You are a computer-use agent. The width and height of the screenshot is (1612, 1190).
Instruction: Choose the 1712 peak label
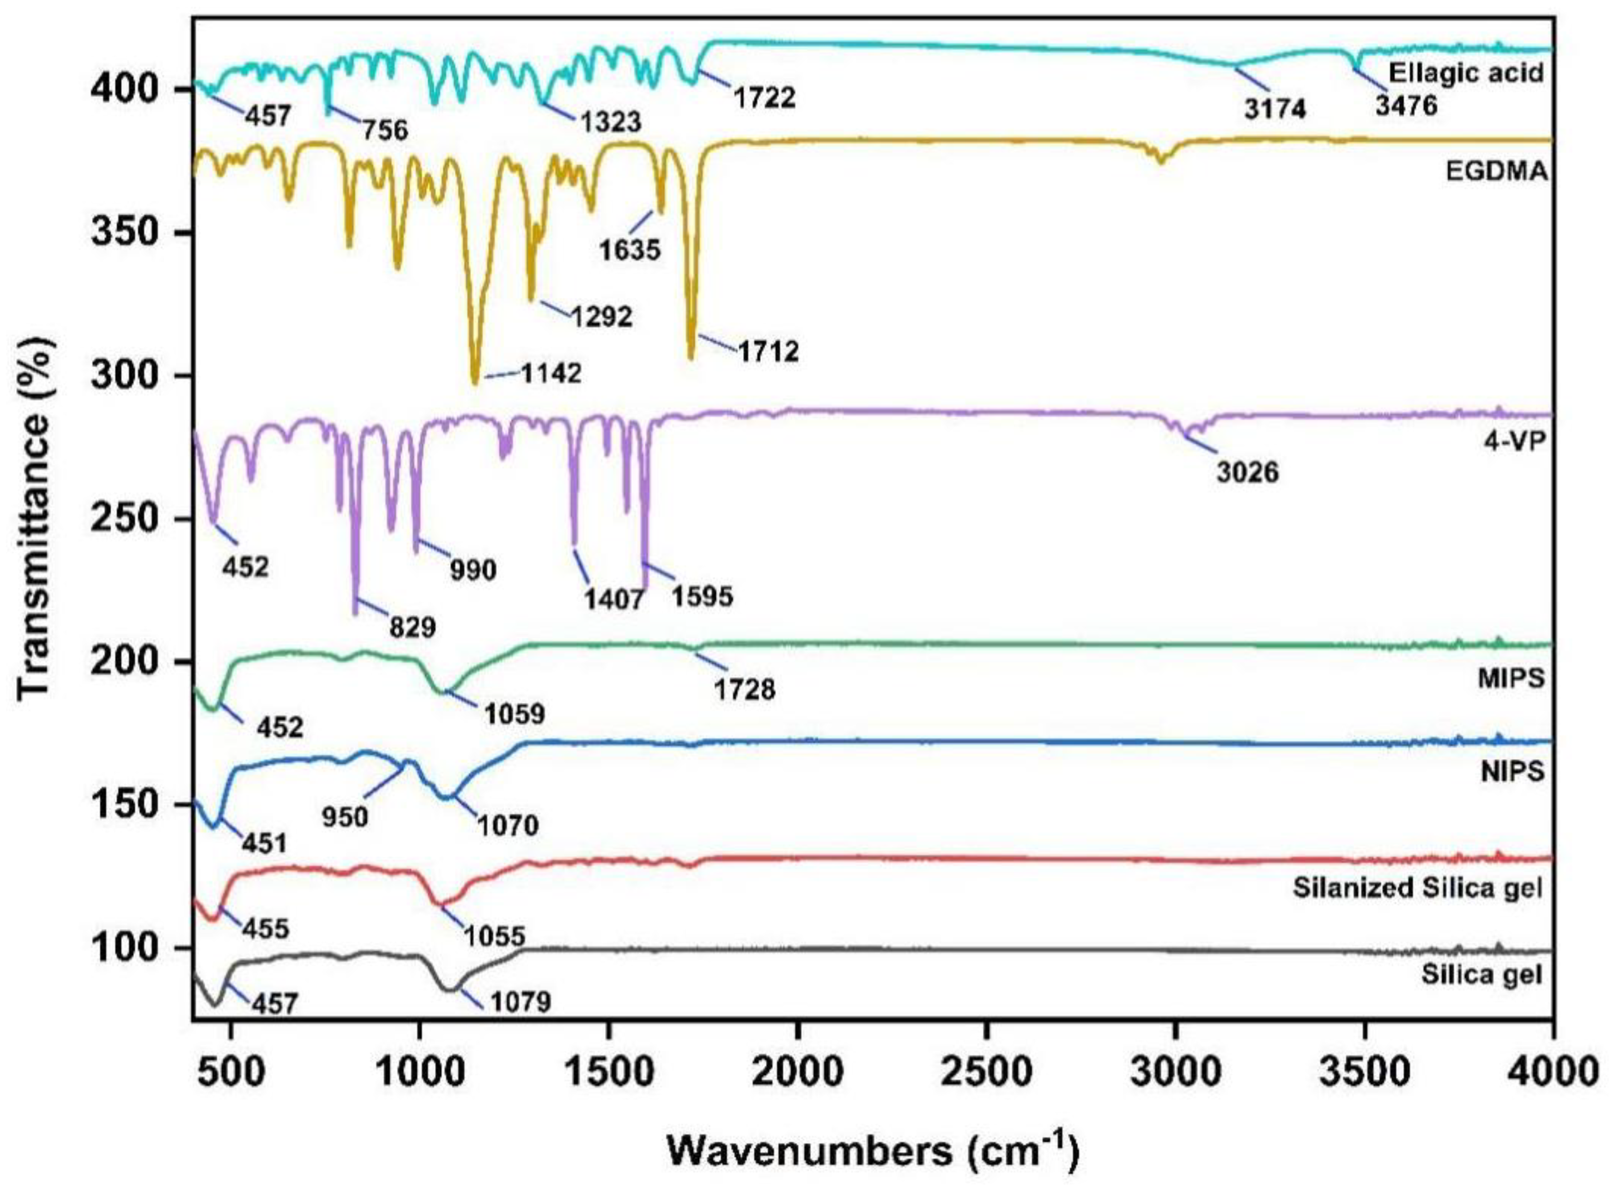767,352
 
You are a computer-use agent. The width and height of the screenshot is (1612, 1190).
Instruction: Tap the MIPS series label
1511,677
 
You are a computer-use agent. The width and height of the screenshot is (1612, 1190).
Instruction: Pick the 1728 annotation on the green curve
745,690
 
